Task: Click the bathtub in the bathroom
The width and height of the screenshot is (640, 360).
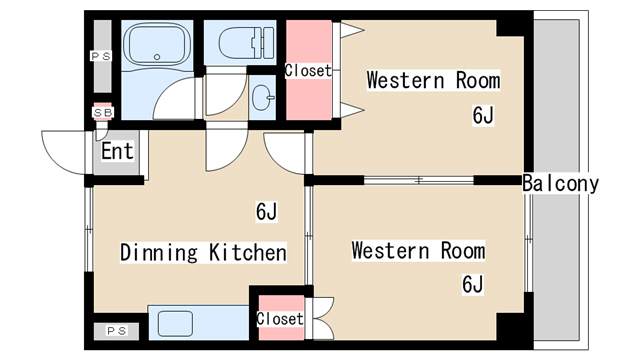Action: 157,44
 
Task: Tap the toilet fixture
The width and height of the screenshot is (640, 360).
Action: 247,42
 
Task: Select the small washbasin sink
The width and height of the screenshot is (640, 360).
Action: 262,98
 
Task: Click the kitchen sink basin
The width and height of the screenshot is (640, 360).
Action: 175,324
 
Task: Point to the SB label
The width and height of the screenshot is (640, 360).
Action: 102,112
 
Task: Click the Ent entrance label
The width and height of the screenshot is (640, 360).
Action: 117,151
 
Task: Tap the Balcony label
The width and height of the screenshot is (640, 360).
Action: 560,183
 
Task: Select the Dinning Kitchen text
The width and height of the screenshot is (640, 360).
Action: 203,252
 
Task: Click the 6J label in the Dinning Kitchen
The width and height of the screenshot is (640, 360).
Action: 266,211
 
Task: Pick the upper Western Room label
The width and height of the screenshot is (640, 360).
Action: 433,80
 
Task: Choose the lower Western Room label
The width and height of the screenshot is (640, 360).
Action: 418,250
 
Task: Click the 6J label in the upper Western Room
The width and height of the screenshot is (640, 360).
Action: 483,115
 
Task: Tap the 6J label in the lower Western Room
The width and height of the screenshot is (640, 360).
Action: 473,284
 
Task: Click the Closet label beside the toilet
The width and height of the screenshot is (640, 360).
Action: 308,71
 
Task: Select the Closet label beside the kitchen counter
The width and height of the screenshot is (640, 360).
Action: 280,319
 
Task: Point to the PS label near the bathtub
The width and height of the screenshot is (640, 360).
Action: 101,56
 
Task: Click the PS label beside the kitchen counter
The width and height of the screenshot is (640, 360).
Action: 117,331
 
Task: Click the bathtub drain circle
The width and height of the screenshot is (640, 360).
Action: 157,57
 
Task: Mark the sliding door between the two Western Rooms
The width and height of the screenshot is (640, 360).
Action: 419,180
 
